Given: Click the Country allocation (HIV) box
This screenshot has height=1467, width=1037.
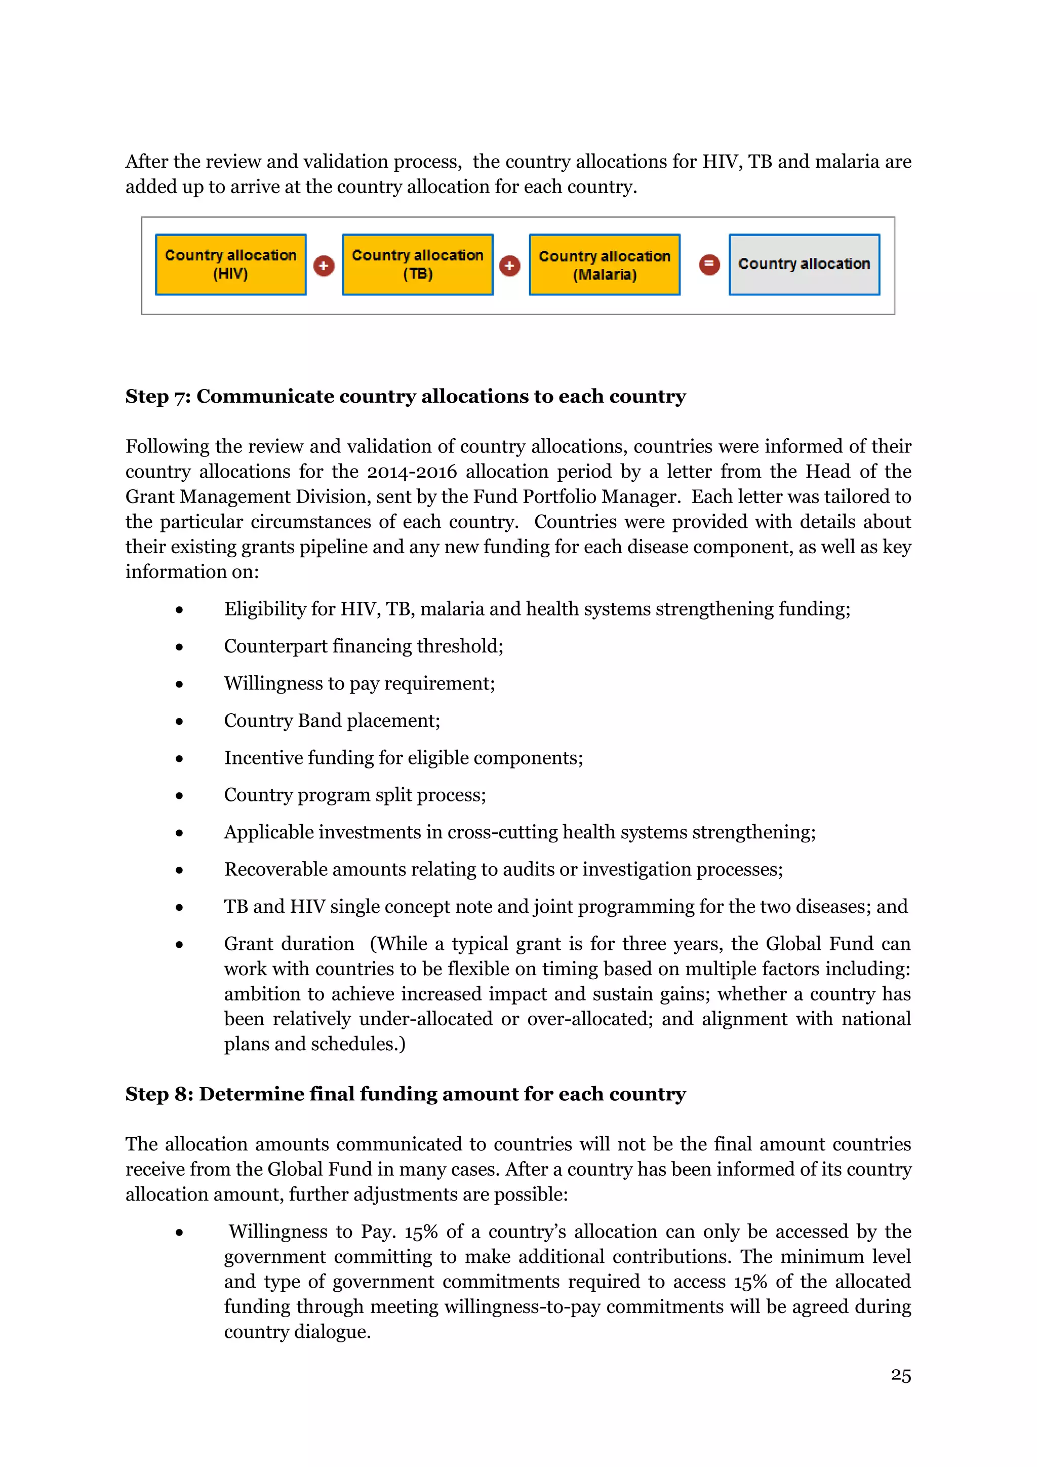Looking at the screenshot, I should click(x=230, y=264).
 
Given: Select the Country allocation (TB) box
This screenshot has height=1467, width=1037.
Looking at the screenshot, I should click(x=418, y=264).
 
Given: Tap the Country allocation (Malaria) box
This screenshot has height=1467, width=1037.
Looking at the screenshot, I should click(x=605, y=264).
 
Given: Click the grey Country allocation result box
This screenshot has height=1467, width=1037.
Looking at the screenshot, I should click(x=804, y=264).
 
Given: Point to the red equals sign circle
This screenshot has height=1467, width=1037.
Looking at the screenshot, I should click(x=709, y=264).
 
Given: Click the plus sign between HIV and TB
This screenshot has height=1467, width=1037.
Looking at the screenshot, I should click(x=324, y=266).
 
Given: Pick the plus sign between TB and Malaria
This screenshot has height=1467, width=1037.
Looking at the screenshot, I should click(x=509, y=266).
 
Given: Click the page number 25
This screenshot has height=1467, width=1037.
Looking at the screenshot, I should click(x=900, y=1375).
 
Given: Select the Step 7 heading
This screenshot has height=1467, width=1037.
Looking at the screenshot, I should click(x=406, y=396).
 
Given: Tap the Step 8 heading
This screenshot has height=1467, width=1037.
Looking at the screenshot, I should click(x=406, y=1094).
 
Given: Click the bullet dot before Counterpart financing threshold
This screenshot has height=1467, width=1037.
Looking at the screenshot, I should click(x=179, y=647).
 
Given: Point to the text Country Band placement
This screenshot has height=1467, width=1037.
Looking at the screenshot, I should click(x=332, y=721).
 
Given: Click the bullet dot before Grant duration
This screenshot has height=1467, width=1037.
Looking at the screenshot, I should click(x=179, y=945).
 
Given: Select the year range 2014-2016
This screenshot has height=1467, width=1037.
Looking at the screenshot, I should click(x=411, y=472).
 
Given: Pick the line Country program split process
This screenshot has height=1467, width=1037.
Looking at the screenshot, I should click(x=354, y=795).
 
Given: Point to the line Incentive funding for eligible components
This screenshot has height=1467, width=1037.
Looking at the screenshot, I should click(x=403, y=758).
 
